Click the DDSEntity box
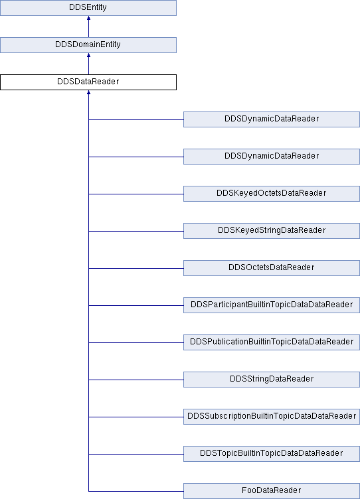coord(88,8)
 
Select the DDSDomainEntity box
coord(88,45)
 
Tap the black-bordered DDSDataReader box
coord(88,82)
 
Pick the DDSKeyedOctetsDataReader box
coord(272,194)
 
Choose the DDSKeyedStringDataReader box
coord(272,231)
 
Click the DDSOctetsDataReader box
coord(272,268)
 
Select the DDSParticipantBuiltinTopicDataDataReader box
coord(272,305)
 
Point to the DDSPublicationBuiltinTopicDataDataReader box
coord(272,342)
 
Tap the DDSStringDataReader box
coord(272,380)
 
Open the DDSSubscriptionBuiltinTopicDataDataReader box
coord(272,417)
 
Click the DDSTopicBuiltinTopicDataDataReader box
coord(272,453)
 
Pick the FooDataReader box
coord(272,491)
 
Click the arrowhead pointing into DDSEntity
coord(88,18)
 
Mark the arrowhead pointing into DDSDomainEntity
coord(88,55)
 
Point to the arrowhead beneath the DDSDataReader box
coord(88,93)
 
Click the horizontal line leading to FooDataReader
coord(136,491)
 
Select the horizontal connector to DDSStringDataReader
coord(136,380)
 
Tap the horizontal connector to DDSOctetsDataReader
coord(136,268)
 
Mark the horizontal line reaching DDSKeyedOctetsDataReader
coord(136,194)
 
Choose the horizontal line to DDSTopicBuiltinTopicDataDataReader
coord(136,454)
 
